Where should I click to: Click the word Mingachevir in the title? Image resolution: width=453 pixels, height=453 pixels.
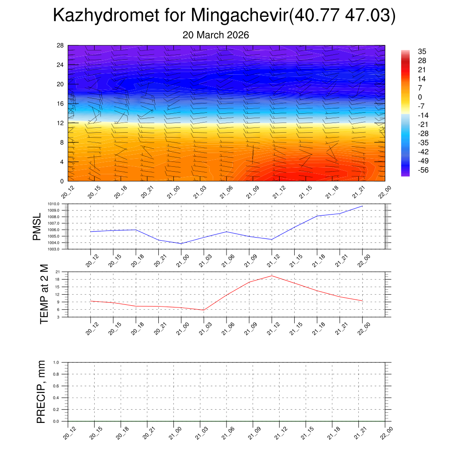pyautogui.click(x=239, y=16)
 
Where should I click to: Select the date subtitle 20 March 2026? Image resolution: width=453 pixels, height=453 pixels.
pyautogui.click(x=216, y=35)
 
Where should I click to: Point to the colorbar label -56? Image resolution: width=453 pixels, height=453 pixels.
pyautogui.click(x=423, y=170)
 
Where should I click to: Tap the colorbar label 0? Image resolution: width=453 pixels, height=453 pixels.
pyautogui.click(x=420, y=97)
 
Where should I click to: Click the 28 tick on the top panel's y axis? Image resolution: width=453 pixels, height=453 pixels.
pyautogui.click(x=60, y=46)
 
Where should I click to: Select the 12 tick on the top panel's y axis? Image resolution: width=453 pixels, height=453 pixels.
pyautogui.click(x=60, y=123)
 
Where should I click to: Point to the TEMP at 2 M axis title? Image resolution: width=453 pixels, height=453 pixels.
pyautogui.click(x=44, y=294)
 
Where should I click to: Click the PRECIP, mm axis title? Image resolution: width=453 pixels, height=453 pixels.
pyautogui.click(x=41, y=392)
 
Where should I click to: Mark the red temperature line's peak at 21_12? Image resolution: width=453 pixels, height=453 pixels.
pyautogui.click(x=272, y=276)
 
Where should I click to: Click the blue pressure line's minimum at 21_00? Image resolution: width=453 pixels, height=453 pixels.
pyautogui.click(x=181, y=243)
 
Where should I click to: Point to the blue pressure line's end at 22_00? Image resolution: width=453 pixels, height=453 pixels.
pyautogui.click(x=362, y=206)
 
